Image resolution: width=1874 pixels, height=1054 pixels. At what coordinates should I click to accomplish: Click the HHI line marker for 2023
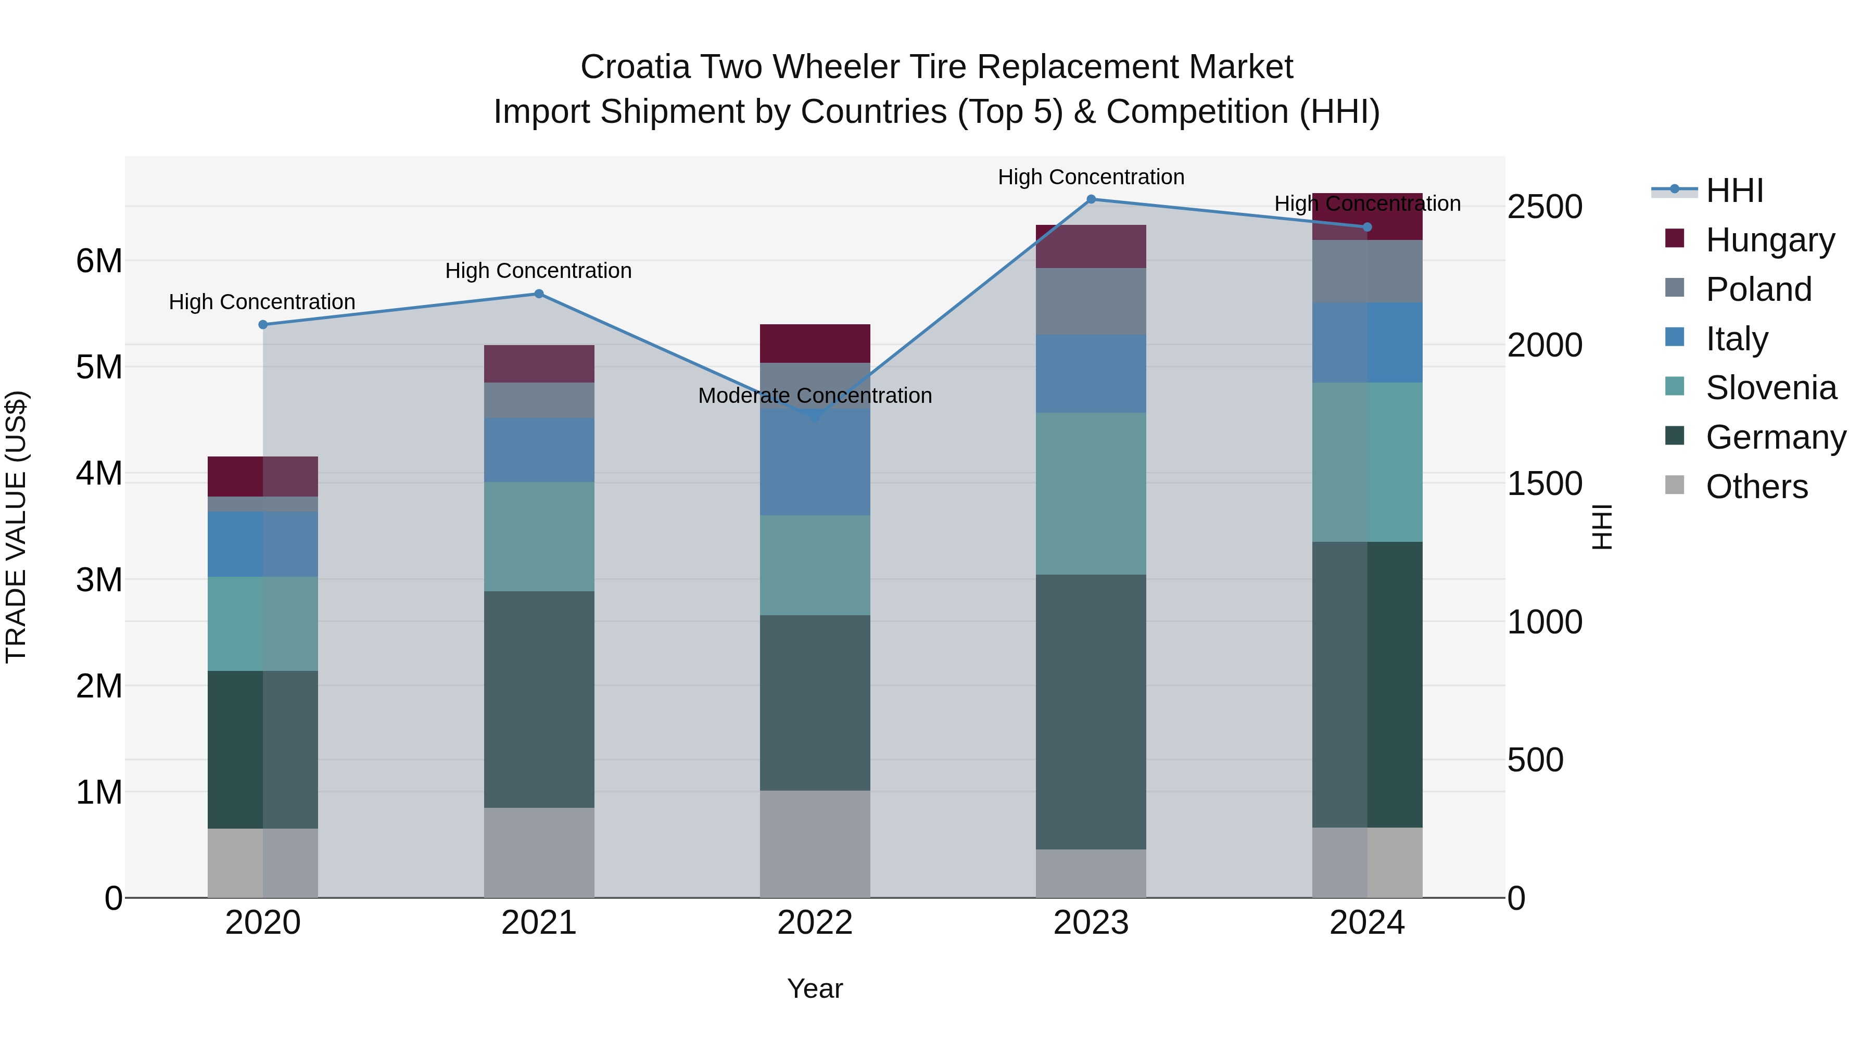click(1091, 199)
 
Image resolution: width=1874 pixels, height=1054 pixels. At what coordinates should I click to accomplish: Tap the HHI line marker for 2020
click(263, 324)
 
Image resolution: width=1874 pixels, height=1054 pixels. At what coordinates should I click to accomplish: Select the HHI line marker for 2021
click(539, 294)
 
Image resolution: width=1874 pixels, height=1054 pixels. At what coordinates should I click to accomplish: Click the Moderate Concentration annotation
click(815, 396)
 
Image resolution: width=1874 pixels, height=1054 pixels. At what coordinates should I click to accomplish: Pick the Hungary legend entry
click(1769, 240)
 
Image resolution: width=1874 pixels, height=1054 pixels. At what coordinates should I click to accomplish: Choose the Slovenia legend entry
click(1771, 388)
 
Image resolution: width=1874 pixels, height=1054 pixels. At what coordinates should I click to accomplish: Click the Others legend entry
click(1756, 487)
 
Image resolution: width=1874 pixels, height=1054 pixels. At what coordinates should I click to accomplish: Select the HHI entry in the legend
click(1734, 191)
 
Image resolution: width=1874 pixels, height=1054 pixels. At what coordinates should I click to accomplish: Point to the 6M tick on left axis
click(99, 260)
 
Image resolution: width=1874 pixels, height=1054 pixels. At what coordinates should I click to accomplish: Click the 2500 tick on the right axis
click(1544, 207)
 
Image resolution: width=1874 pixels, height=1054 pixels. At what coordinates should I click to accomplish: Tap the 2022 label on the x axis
click(815, 923)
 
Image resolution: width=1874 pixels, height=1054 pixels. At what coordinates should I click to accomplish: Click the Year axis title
click(815, 988)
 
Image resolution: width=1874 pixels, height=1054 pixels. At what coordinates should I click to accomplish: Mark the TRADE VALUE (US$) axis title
click(16, 527)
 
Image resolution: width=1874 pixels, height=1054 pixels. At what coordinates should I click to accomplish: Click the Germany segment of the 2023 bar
click(1091, 712)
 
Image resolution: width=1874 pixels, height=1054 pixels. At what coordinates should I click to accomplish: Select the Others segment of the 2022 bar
click(815, 844)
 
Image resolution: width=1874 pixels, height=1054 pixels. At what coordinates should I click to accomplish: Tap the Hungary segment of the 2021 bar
click(539, 364)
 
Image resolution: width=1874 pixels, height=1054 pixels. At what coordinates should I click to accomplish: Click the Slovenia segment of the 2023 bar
click(1091, 493)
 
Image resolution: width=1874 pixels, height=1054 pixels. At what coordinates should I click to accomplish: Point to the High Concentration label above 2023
click(1091, 177)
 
